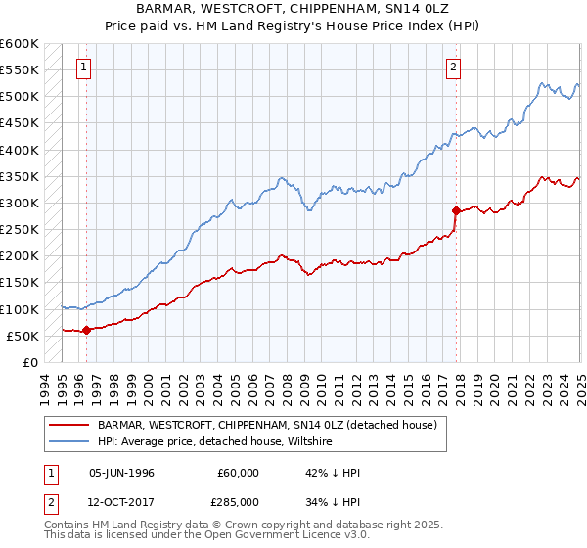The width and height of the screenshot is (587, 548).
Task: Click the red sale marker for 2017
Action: pos(456,210)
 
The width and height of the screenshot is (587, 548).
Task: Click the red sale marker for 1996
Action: pos(86,330)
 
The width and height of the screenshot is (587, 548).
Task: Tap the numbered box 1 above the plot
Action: pos(83,68)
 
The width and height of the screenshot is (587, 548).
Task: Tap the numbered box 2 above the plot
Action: pos(454,68)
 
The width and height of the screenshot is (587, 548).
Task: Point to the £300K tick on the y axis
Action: pos(20,203)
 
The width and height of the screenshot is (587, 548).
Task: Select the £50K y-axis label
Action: pos(23,336)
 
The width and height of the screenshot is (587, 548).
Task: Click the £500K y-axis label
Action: pos(20,97)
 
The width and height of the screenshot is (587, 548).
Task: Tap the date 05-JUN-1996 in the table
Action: pos(121,473)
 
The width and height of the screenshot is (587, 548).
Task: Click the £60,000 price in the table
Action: pos(240,473)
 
